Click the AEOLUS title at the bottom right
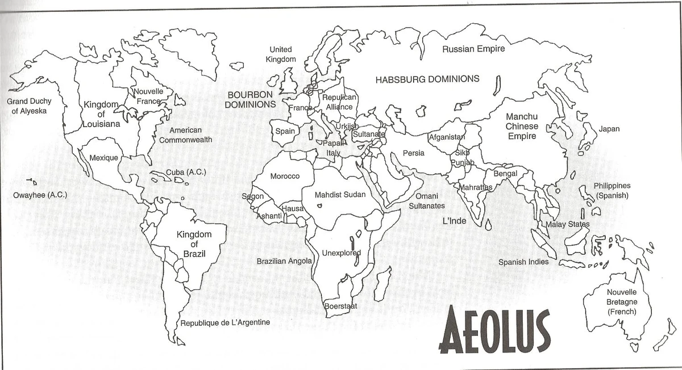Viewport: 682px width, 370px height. click(x=495, y=331)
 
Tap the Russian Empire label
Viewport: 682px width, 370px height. click(x=473, y=49)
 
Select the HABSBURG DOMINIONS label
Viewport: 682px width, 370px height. click(x=427, y=79)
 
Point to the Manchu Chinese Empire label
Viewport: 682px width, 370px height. click(x=522, y=126)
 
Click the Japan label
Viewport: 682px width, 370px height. click(x=609, y=129)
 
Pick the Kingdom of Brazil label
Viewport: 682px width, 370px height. click(x=194, y=243)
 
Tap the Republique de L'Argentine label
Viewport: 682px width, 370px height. click(x=225, y=323)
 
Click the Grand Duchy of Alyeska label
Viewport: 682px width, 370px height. click(x=29, y=106)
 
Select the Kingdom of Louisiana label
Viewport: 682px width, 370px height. click(x=101, y=114)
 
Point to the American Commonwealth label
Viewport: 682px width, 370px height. click(x=185, y=135)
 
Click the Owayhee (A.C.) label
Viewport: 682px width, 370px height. click(x=40, y=195)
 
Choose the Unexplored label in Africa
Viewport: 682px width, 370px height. click(x=342, y=253)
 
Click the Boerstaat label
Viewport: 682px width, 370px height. click(x=340, y=306)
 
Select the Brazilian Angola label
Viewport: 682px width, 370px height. click(x=284, y=261)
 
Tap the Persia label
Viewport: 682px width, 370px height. click(x=413, y=153)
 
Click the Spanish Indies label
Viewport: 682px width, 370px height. click(x=523, y=262)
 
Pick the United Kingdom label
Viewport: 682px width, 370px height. click(x=281, y=54)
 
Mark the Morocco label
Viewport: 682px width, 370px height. click(x=285, y=176)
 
